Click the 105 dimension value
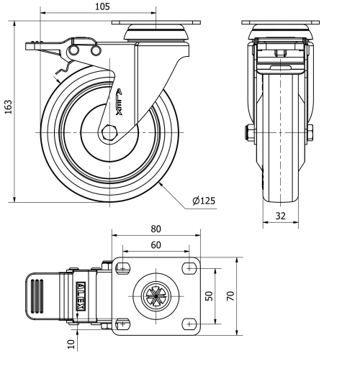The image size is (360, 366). pos(102,6)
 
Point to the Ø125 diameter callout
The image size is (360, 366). pos(204,201)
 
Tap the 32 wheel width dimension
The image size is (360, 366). pos(280,216)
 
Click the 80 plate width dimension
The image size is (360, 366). pos(156,229)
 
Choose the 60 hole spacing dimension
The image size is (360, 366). pos(156,244)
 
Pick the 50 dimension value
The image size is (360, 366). pos(210,296)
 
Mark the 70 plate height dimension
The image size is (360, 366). pos(231,296)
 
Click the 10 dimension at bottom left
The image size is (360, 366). pos(71,344)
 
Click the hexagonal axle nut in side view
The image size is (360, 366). pos(108,134)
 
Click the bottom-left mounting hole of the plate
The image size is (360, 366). pos(122,324)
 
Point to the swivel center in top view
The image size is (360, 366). pos(156,296)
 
